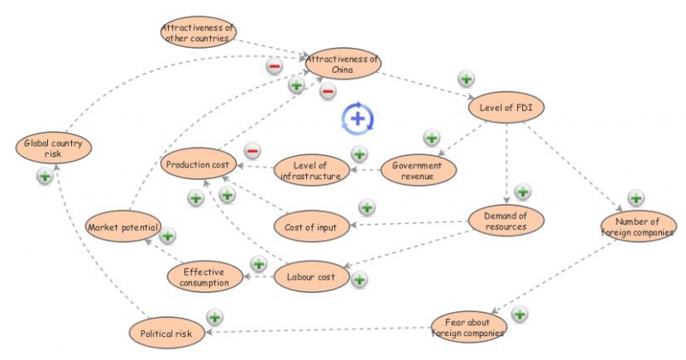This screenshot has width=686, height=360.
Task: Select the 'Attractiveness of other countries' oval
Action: click(x=198, y=33)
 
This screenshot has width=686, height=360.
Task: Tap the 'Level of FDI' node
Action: click(x=507, y=108)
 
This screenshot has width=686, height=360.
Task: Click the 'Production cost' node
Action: click(x=198, y=164)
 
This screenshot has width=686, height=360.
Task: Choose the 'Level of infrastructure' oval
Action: click(x=311, y=171)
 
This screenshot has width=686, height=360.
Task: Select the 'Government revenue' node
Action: click(x=417, y=171)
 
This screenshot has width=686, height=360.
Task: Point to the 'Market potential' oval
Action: click(x=123, y=227)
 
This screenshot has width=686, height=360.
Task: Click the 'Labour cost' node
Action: click(x=311, y=277)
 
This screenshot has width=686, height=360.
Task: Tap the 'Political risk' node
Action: click(x=166, y=332)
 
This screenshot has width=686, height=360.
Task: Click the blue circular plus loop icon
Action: click(x=358, y=117)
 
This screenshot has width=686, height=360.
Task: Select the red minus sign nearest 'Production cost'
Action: click(x=252, y=151)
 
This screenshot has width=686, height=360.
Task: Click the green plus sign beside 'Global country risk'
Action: click(x=44, y=176)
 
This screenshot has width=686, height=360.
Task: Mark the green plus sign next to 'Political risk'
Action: click(x=214, y=317)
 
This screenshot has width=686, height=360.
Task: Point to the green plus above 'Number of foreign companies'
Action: click(x=635, y=198)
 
